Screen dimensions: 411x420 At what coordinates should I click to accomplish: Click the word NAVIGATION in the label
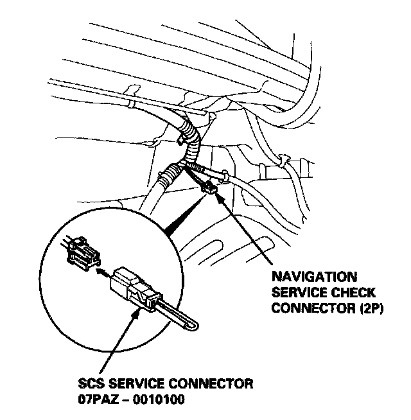(314, 277)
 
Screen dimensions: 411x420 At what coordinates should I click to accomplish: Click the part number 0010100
(157, 399)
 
